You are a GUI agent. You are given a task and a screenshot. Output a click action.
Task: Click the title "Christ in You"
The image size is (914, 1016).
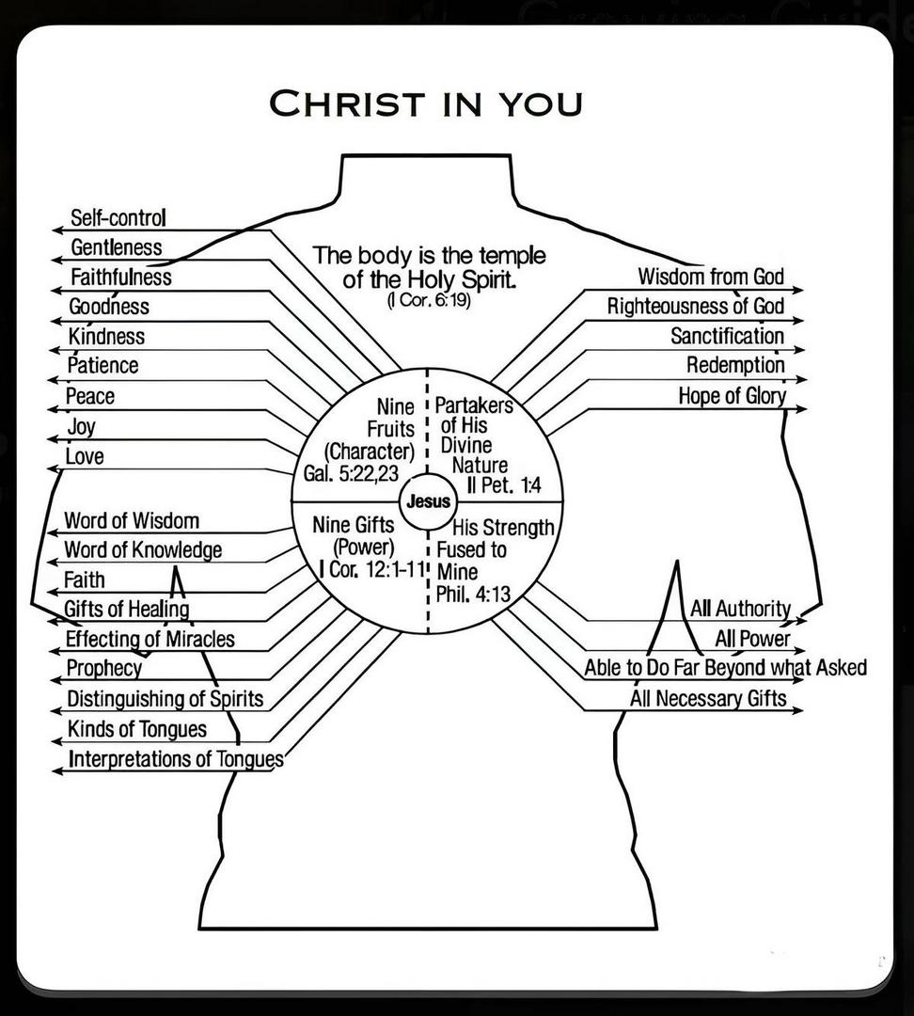tap(425, 103)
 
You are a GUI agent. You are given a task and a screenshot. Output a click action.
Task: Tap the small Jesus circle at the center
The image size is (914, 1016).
tap(428, 501)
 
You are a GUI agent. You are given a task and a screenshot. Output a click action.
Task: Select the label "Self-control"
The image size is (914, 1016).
tap(118, 218)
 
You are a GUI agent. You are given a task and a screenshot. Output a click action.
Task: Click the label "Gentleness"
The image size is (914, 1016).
tap(117, 247)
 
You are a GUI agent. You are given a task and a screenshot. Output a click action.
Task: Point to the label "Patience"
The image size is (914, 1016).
tap(102, 365)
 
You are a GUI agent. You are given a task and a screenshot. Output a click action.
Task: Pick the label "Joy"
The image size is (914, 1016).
tap(81, 426)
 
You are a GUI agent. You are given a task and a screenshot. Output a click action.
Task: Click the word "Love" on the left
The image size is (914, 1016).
tap(85, 457)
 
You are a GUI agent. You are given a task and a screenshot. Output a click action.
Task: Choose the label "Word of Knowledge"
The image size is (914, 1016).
tap(143, 549)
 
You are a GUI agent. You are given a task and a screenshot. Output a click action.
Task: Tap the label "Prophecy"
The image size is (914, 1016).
tap(103, 669)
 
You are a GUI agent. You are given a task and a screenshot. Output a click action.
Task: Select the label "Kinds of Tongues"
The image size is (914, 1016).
tap(137, 729)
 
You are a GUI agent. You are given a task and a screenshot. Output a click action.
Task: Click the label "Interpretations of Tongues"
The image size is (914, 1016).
tap(176, 759)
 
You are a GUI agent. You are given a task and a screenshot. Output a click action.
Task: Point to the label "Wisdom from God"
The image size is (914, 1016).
tap(710, 277)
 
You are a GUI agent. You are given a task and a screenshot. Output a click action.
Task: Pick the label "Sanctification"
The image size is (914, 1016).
tap(727, 336)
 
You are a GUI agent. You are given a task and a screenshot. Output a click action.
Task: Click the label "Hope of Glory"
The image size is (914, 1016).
tap(732, 396)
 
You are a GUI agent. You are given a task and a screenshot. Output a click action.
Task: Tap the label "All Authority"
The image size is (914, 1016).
tap(740, 609)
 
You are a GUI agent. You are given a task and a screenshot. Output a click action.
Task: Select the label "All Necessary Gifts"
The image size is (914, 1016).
tap(708, 699)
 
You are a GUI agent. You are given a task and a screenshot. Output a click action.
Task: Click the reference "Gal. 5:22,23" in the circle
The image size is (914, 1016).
tap(352, 472)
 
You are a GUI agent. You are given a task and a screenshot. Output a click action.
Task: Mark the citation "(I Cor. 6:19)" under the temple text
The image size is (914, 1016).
tap(428, 302)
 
